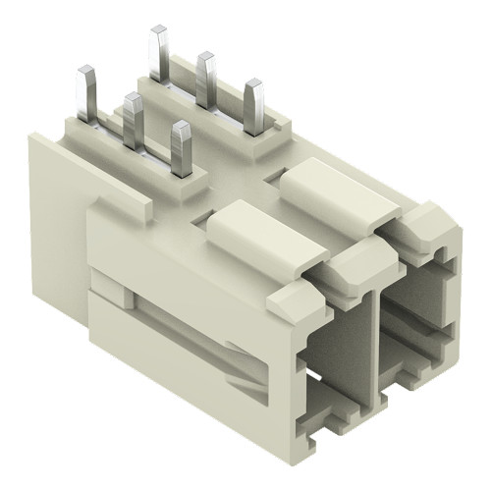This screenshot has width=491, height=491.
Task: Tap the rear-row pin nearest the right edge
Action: click(x=254, y=106)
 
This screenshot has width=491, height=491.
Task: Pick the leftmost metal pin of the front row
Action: click(x=84, y=93)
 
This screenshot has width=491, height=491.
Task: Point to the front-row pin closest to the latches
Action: click(x=181, y=147)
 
